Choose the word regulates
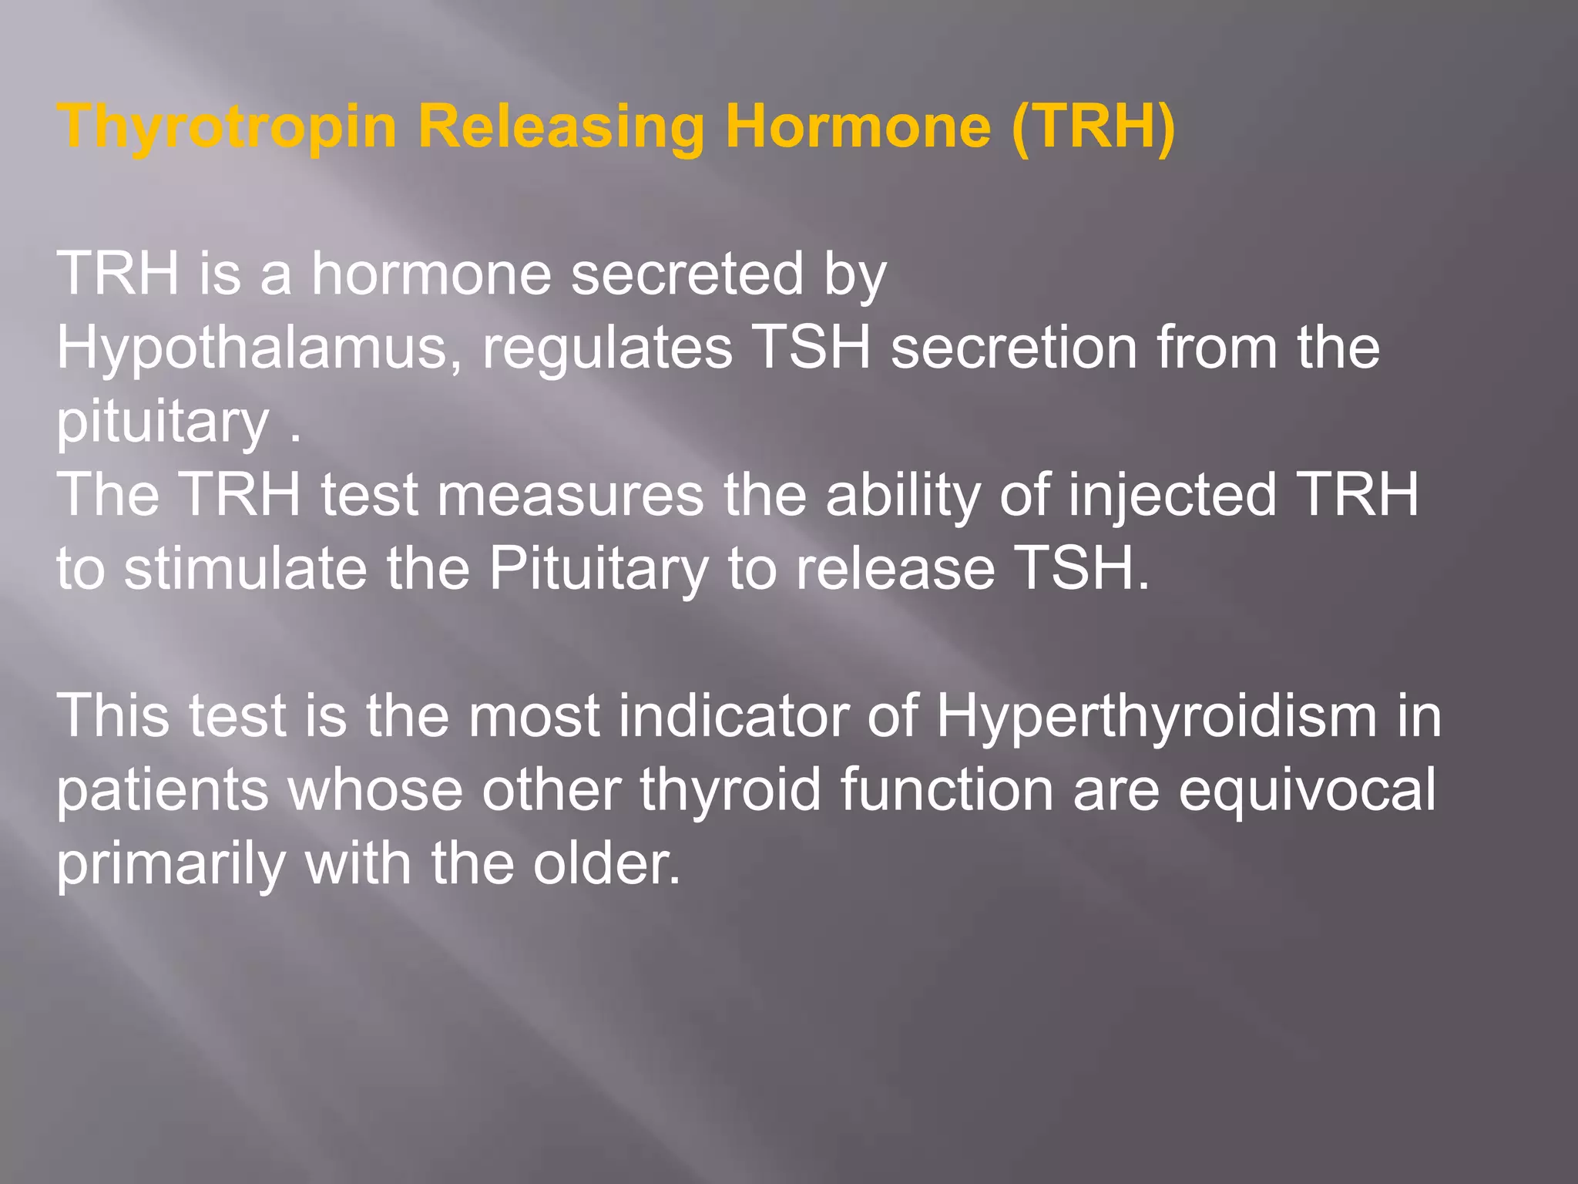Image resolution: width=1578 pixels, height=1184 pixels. [x=607, y=348]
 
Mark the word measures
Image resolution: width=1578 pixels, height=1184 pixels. [x=570, y=495]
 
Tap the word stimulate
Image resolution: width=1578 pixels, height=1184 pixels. [x=245, y=569]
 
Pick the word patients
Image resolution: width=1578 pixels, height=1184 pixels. [x=162, y=791]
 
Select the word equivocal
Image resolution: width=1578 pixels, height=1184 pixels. [x=1307, y=791]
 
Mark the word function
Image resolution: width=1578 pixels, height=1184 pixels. [x=946, y=789]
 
